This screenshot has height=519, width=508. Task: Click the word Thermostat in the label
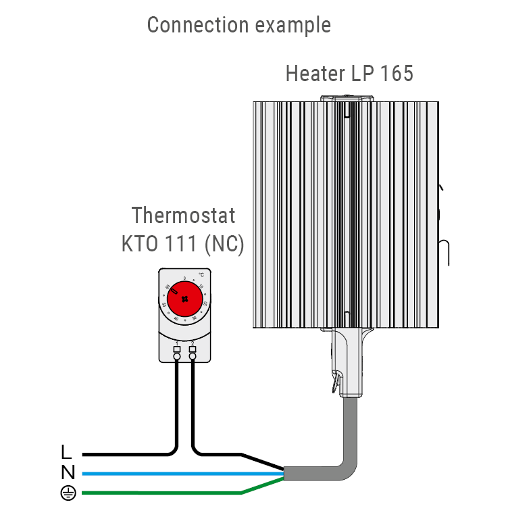(183, 216)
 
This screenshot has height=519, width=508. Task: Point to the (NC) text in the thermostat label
(224, 244)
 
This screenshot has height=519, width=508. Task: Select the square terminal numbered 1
(177, 349)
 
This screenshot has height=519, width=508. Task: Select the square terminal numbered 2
(193, 349)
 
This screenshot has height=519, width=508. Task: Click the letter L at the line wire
(66, 452)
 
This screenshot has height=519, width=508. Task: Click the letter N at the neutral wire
(68, 473)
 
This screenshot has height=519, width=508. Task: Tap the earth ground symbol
(68, 493)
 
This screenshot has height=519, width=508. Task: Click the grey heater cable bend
(347, 466)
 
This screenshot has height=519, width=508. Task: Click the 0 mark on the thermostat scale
(184, 278)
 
